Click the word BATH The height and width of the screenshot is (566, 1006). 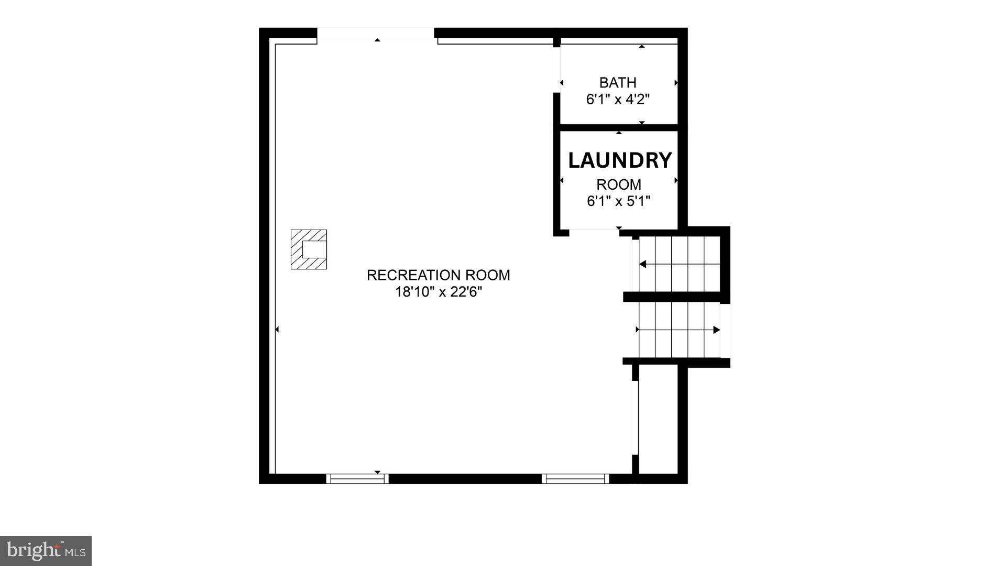[618, 83]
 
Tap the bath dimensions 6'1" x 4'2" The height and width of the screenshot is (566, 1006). [618, 100]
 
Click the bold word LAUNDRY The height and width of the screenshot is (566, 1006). [620, 160]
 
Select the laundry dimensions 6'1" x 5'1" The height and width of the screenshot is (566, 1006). [618, 201]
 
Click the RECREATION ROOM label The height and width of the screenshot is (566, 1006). [438, 275]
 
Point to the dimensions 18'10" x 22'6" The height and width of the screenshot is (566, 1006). [438, 292]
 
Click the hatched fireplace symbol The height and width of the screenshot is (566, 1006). [309, 249]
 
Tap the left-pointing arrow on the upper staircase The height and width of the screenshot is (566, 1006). [643, 264]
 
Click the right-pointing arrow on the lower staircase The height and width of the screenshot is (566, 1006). [716, 330]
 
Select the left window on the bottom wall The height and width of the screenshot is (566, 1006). [357, 478]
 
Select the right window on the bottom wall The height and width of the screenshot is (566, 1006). [575, 478]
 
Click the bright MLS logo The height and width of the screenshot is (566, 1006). [46, 551]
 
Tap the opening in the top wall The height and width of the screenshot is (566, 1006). [376, 34]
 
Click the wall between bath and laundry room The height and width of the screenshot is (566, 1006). [619, 127]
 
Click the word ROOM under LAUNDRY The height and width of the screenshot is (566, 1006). [619, 184]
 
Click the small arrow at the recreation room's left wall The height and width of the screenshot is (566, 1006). [277, 330]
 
